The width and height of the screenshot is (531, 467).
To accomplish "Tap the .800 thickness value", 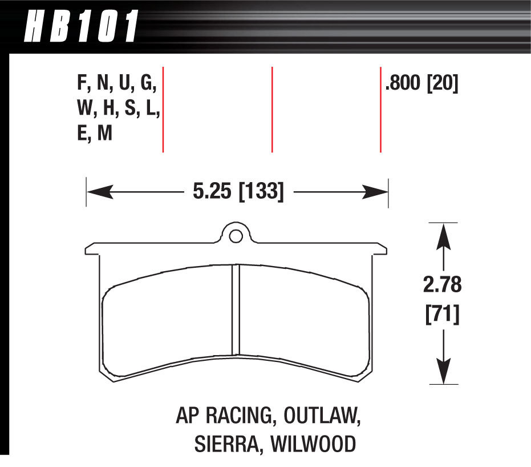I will [x=403, y=85].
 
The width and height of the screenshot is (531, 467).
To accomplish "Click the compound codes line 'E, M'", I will [x=95, y=134].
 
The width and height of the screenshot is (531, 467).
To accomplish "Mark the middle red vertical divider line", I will [x=272, y=110].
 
